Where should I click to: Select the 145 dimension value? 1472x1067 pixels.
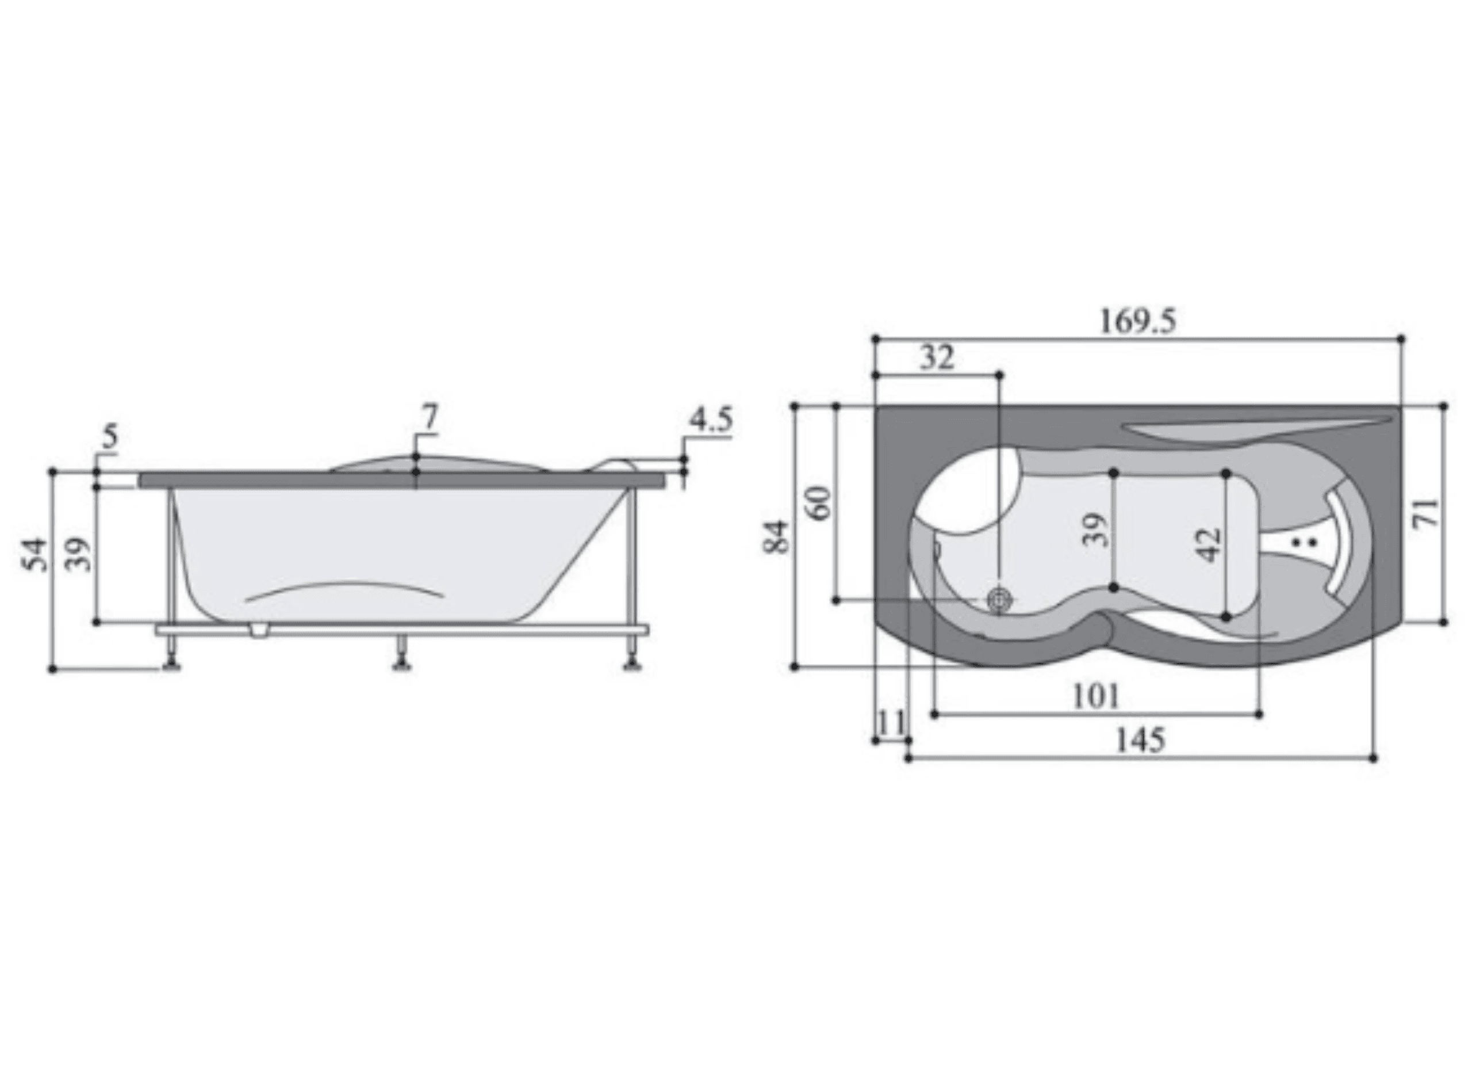point(1140,740)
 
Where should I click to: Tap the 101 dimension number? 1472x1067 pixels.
point(1096,697)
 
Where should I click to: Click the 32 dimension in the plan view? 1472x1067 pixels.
point(937,358)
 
